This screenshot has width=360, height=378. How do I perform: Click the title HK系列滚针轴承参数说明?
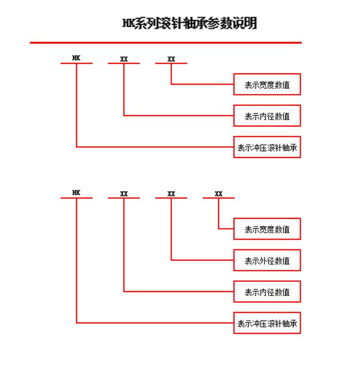(189, 23)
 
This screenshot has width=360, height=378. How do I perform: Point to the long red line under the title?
(166, 43)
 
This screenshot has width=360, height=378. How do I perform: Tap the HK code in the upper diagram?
(76, 58)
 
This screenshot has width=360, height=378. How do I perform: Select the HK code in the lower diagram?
(76, 193)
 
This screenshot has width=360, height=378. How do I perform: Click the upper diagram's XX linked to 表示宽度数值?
(171, 59)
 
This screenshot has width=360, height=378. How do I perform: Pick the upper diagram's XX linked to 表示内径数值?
(124, 59)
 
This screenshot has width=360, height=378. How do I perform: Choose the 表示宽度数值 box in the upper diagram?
(267, 84)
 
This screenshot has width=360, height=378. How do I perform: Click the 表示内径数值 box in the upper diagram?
(267, 116)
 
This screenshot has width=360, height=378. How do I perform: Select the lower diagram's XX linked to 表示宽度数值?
(218, 193)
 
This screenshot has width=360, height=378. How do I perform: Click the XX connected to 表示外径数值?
(171, 193)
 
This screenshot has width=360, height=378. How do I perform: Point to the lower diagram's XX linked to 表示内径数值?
(124, 193)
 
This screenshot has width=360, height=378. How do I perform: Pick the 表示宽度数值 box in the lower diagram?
(267, 229)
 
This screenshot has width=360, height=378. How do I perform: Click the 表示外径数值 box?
(267, 260)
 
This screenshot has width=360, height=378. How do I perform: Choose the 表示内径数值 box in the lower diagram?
(267, 292)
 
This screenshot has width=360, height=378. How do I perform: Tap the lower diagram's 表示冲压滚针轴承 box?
(267, 323)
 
